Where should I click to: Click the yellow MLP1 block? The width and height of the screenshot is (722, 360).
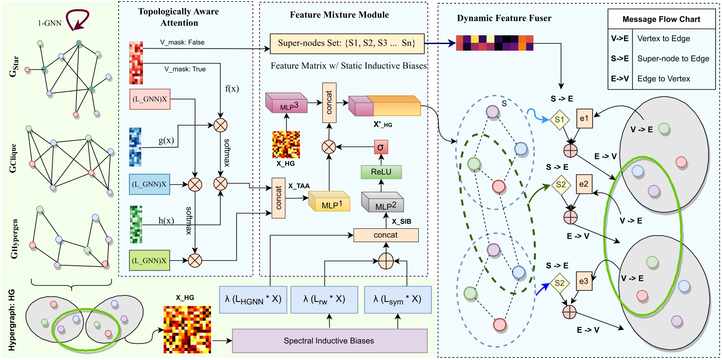coord(329,202)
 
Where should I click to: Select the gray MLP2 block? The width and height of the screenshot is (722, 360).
coord(383,203)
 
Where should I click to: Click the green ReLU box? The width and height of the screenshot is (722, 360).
coord(381,172)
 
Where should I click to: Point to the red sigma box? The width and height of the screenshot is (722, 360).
coord(381,147)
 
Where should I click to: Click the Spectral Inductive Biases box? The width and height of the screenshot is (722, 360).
coord(329,341)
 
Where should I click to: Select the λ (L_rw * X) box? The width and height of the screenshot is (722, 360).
coord(324,299)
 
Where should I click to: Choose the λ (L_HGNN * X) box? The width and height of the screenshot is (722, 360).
coord(253,299)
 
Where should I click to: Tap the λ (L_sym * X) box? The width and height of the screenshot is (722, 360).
coord(398,299)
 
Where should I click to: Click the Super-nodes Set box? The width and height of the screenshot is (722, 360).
coord(347,43)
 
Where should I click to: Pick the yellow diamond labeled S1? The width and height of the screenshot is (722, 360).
coord(560,120)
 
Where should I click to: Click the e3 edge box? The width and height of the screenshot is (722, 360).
coord(584,281)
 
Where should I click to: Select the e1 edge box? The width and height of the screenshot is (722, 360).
coord(584,118)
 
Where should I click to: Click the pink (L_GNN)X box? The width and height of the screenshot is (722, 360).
coord(150,99)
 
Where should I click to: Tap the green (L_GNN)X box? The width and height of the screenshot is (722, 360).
coord(149,261)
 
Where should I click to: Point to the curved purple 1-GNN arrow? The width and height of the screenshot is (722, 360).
coord(78,20)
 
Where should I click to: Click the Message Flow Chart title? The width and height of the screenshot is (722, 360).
coord(661,19)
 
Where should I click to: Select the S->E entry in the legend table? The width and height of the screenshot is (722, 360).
coord(620,59)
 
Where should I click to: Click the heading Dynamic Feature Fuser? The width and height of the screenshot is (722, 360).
coord(504,18)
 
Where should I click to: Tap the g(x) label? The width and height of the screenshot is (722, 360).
coord(166,140)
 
